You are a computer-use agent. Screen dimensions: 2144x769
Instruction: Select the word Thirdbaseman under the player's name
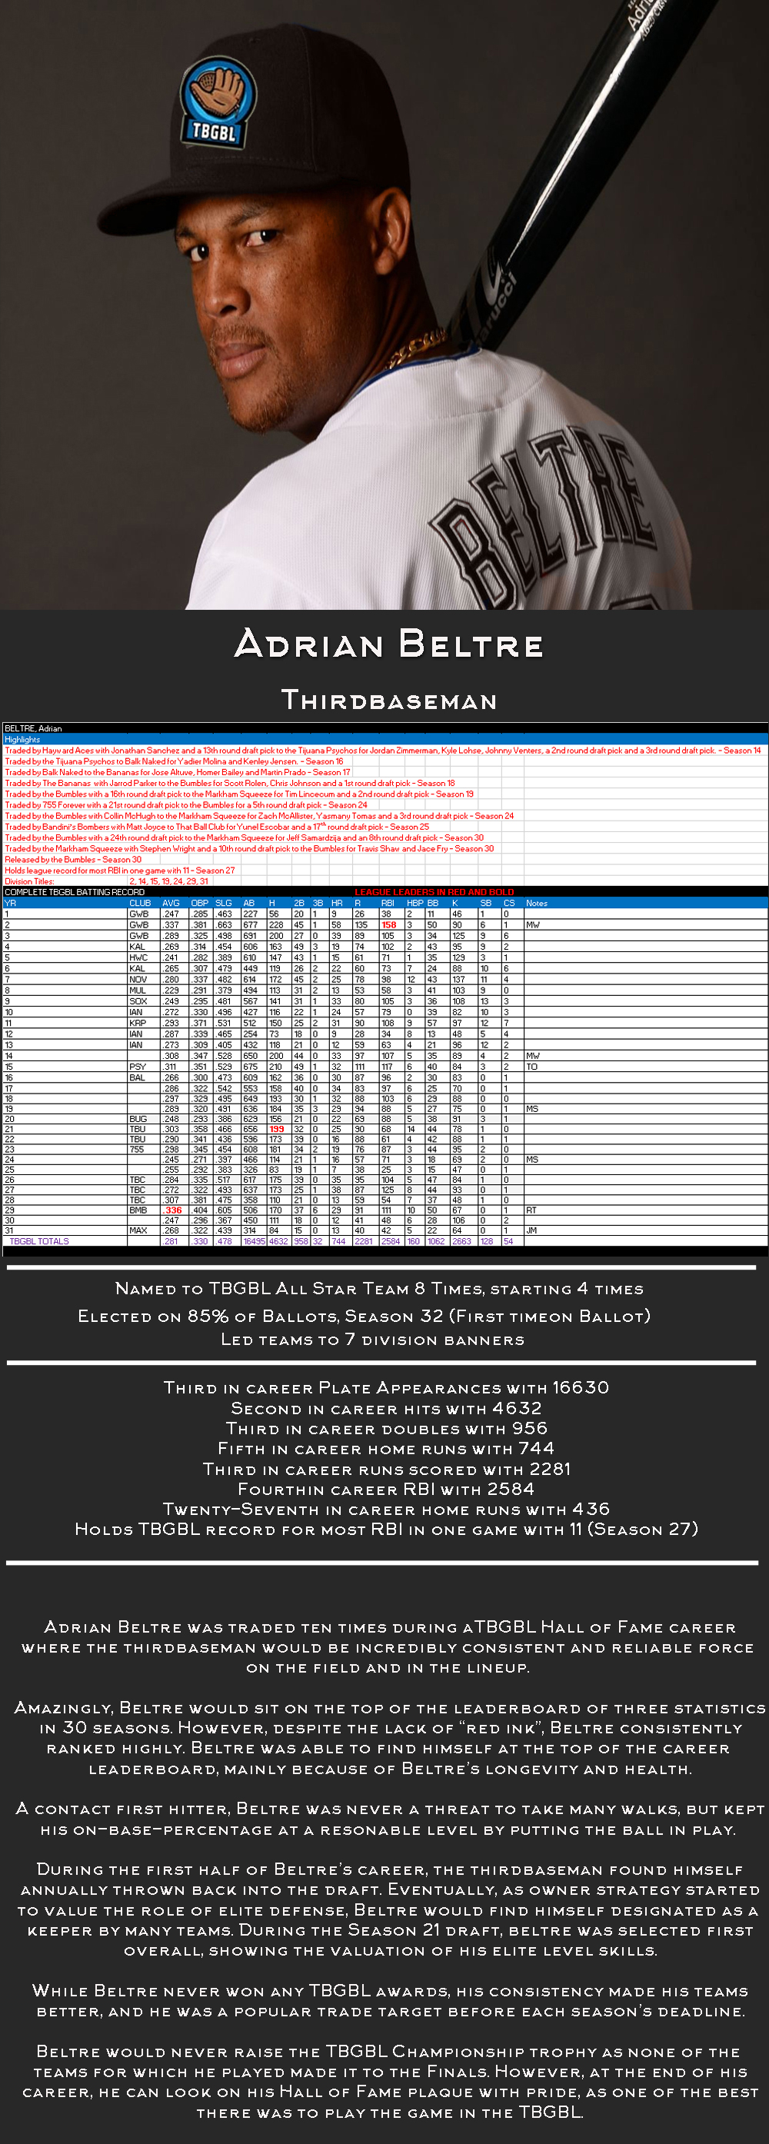(388, 700)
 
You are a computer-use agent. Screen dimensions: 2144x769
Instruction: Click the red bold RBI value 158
(388, 924)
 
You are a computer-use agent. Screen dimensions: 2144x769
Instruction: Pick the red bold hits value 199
(276, 1130)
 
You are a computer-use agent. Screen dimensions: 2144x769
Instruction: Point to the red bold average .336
(173, 1210)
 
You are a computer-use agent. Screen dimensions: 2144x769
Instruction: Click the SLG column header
(223, 903)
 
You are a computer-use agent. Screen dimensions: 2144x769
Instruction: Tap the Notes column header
(537, 903)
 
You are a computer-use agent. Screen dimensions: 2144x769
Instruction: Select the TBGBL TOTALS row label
(39, 1241)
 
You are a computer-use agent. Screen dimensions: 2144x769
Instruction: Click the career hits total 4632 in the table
(278, 1241)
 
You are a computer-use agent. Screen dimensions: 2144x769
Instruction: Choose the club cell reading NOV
(138, 980)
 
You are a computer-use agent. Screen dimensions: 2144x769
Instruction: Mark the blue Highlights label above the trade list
(22, 739)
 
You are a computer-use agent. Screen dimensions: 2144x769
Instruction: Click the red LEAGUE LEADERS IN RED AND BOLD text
(434, 892)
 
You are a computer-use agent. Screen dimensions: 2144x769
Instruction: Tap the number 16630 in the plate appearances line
(580, 1387)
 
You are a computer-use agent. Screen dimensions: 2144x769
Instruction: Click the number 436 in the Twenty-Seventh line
(591, 1509)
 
